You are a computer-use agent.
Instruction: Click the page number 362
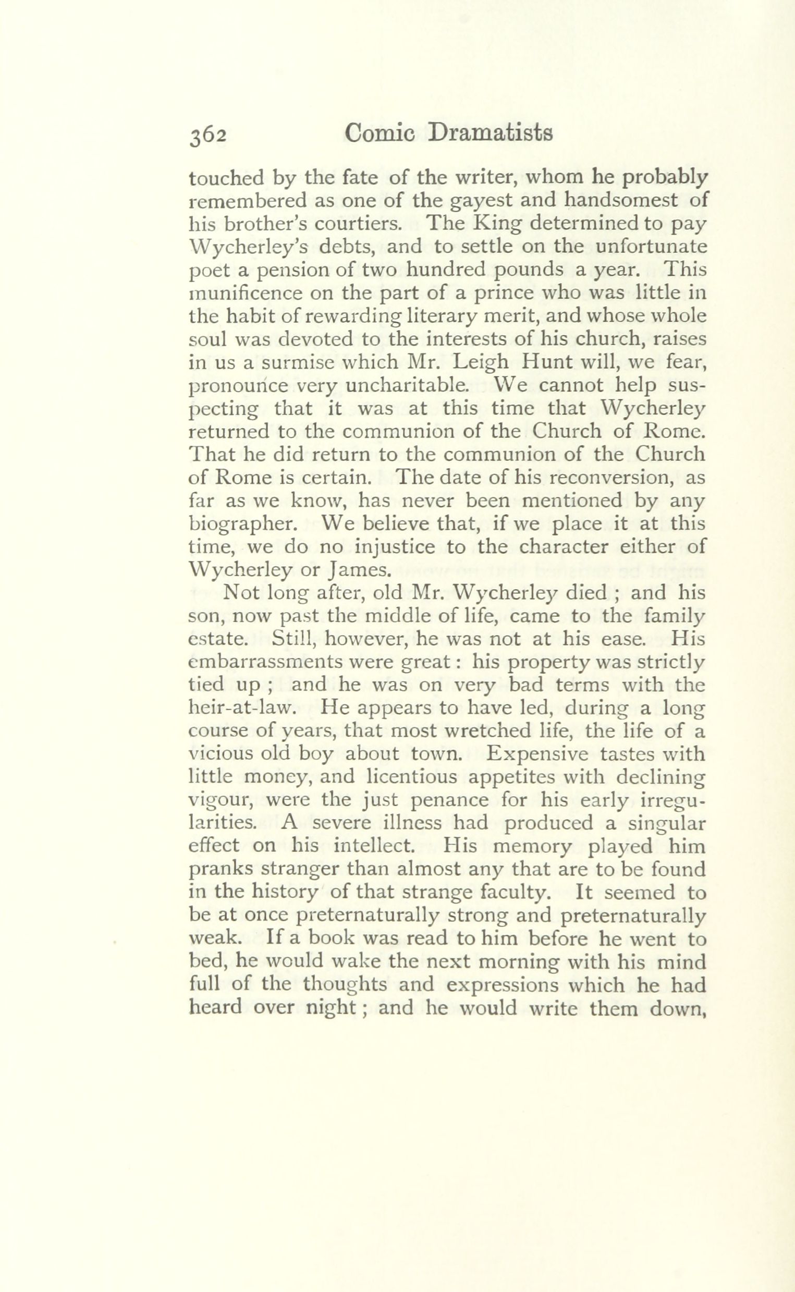pos(208,135)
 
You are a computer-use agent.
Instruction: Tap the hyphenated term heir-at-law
pos(239,709)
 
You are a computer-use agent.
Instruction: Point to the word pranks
pos(220,870)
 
